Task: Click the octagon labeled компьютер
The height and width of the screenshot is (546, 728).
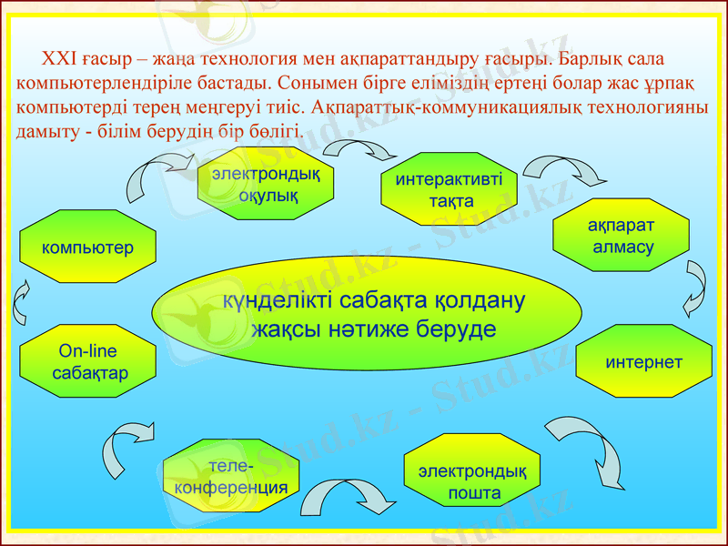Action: (x=88, y=248)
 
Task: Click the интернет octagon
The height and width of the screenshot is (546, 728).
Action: (x=643, y=362)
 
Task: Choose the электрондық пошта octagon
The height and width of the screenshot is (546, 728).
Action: (x=472, y=482)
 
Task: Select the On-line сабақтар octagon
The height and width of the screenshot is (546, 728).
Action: (x=88, y=362)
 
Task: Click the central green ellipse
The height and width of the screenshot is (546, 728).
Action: (x=367, y=314)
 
